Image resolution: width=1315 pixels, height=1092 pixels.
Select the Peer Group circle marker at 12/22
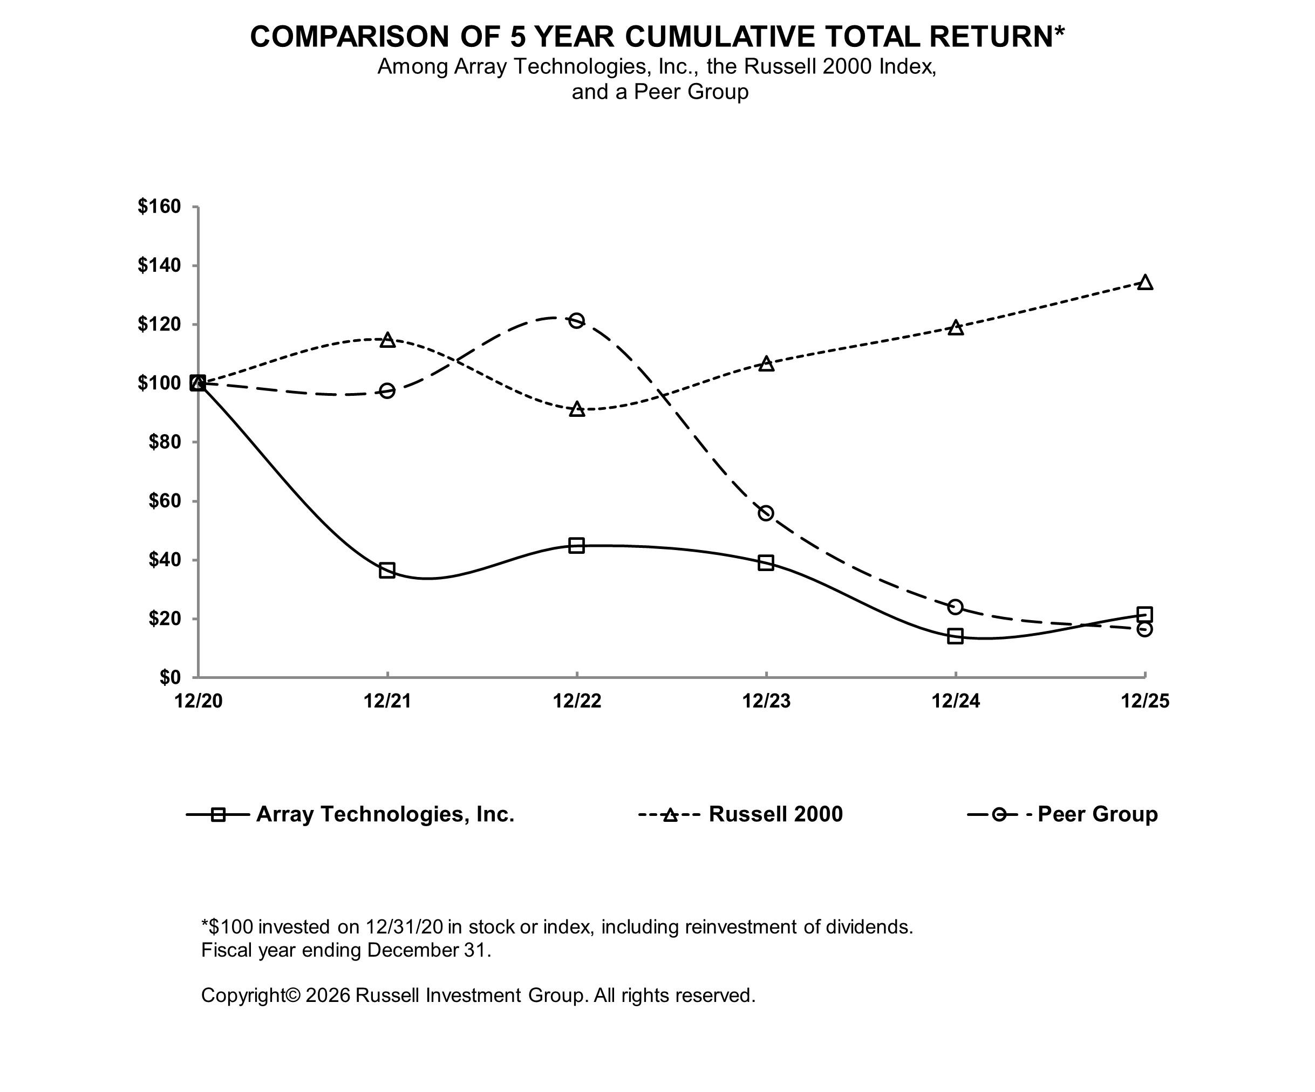tap(577, 321)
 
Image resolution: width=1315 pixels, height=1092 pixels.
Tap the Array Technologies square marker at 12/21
tap(387, 570)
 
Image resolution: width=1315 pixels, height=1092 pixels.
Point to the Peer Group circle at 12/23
tap(766, 513)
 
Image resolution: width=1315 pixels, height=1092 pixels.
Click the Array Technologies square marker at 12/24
tap(955, 636)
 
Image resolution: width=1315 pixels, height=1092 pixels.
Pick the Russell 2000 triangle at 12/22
tap(577, 410)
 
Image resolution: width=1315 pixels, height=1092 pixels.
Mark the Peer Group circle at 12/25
tap(1144, 629)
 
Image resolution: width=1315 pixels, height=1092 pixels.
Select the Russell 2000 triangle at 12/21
tap(387, 340)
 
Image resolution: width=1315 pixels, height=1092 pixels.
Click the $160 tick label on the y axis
tap(159, 207)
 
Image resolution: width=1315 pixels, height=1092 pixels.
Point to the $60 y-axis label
tap(164, 502)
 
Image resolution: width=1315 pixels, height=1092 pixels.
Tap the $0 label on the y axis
tap(169, 678)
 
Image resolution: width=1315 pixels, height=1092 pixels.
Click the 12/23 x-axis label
tap(766, 701)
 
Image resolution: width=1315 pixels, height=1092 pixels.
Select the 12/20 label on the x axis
tap(199, 701)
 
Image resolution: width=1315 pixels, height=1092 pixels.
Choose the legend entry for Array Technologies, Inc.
tap(385, 814)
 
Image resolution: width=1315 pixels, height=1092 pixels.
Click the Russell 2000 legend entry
tap(775, 814)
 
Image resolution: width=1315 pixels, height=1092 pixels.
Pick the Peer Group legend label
tap(1097, 814)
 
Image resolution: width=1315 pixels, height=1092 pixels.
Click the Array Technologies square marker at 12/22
tap(577, 545)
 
